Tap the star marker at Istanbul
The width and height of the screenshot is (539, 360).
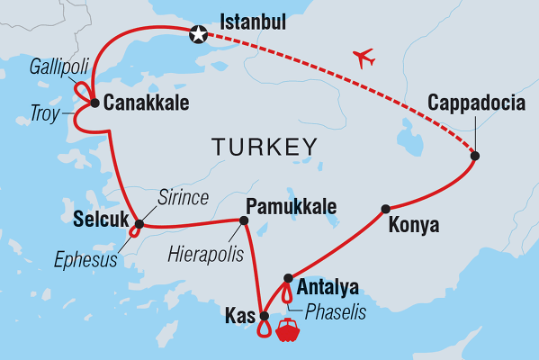click(197, 35)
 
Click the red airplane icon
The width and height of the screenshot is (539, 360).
click(364, 58)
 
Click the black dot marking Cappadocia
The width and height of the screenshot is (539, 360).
click(474, 156)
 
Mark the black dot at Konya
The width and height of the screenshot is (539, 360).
click(385, 209)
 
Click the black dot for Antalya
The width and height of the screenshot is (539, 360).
click(287, 278)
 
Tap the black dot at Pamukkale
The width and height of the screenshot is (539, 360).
click(243, 219)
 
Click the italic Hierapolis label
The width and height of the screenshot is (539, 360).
click(205, 255)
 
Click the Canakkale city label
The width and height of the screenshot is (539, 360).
click(146, 103)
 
